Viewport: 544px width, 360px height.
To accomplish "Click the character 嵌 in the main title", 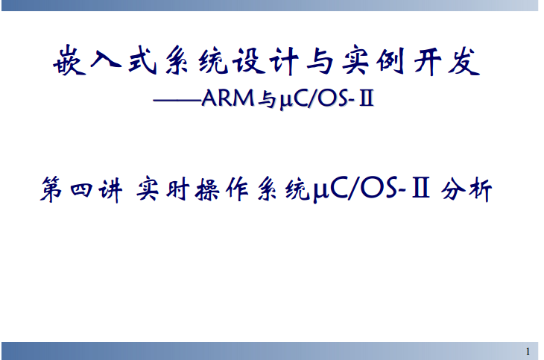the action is pyautogui.click(x=69, y=61).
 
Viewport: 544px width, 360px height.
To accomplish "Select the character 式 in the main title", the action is pyautogui.click(x=142, y=60).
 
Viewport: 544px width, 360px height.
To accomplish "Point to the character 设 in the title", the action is pyautogui.click(x=248, y=61).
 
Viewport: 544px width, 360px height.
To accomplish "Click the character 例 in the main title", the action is pyautogui.click(x=390, y=61).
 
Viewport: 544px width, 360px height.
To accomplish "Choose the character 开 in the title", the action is pyautogui.click(x=428, y=62).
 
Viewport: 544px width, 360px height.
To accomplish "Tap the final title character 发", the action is pyautogui.click(x=464, y=62).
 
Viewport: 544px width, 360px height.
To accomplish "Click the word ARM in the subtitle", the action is pyautogui.click(x=228, y=98).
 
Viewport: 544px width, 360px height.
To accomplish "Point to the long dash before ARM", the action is pyautogui.click(x=177, y=101).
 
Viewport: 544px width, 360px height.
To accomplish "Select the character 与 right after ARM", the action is pyautogui.click(x=267, y=100).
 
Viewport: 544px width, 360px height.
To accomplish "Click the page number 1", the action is pyautogui.click(x=528, y=352).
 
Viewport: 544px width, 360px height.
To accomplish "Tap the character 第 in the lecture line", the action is pyautogui.click(x=51, y=189).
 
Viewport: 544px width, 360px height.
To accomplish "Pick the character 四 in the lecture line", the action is pyautogui.click(x=81, y=190).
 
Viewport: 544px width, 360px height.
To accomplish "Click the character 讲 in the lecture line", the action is pyautogui.click(x=110, y=189).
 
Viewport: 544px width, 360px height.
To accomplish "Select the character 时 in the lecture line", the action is pyautogui.click(x=177, y=189).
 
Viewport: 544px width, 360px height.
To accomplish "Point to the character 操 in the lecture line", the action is pyautogui.click(x=207, y=189).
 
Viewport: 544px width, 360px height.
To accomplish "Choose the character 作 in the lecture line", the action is pyautogui.click(x=237, y=189).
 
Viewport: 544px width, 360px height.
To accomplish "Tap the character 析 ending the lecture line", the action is pyautogui.click(x=481, y=189).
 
